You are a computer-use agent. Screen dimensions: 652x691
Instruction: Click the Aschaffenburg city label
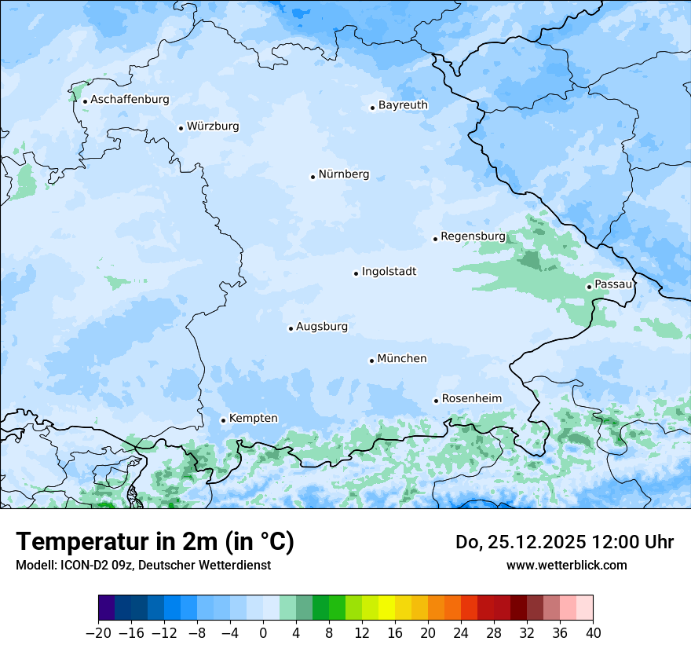pyautogui.click(x=130, y=100)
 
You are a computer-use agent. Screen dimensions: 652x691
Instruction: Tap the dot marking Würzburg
pyautogui.click(x=181, y=128)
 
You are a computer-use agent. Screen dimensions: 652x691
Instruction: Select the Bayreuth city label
pyautogui.click(x=403, y=105)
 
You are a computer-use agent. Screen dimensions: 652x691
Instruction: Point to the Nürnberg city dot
pyautogui.click(x=313, y=177)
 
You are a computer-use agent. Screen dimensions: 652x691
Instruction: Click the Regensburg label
pyautogui.click(x=473, y=236)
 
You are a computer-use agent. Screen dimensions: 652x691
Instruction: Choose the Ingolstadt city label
pyautogui.click(x=389, y=272)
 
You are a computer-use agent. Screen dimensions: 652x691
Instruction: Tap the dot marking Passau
pyautogui.click(x=589, y=287)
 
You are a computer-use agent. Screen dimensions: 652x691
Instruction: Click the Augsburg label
pyautogui.click(x=321, y=327)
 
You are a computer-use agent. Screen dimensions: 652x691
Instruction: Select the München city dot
pyautogui.click(x=371, y=361)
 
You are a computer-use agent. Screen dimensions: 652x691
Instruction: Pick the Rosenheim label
pyautogui.click(x=471, y=399)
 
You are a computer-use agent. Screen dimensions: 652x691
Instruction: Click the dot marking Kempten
pyautogui.click(x=223, y=420)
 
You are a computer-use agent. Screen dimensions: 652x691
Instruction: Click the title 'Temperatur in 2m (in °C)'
pyautogui.click(x=155, y=542)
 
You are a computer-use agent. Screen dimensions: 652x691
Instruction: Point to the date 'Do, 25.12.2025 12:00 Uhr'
pyautogui.click(x=565, y=542)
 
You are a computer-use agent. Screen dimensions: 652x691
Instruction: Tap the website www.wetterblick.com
pyautogui.click(x=566, y=565)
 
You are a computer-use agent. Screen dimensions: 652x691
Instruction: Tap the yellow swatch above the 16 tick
pyautogui.click(x=386, y=608)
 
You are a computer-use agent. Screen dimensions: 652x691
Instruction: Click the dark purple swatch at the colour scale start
pyautogui.click(x=107, y=608)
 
